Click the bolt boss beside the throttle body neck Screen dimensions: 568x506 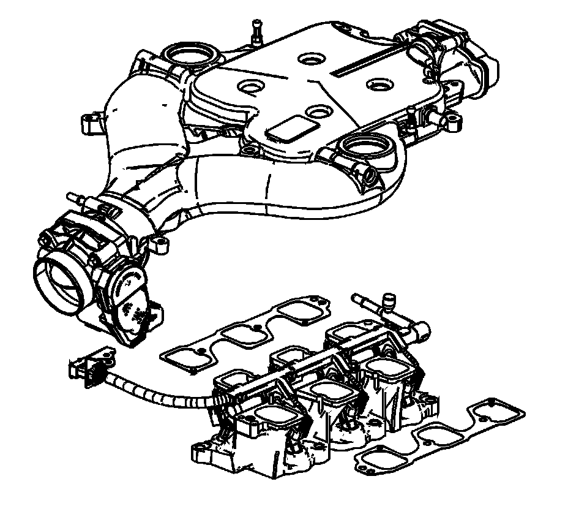tap(163, 243)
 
